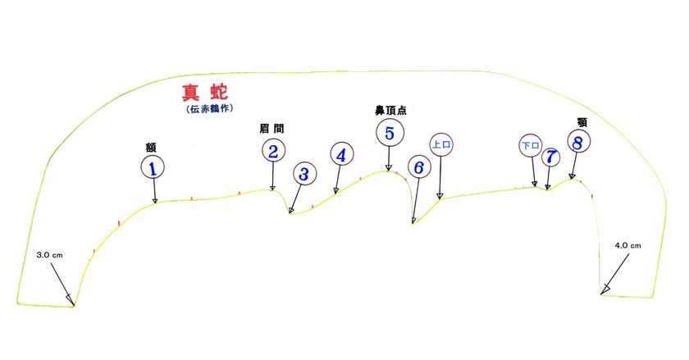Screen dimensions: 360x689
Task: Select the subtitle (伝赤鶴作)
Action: tap(207, 108)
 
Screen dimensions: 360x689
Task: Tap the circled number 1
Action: tap(153, 167)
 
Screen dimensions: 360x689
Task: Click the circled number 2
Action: tap(272, 150)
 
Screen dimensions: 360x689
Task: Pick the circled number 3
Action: tap(303, 174)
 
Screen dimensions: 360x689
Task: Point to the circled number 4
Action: tap(341, 153)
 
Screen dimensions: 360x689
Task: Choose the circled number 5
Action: tap(389, 131)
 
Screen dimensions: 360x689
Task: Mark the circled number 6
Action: tap(418, 167)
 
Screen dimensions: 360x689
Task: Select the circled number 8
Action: tap(578, 143)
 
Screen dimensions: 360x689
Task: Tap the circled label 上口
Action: tap(441, 144)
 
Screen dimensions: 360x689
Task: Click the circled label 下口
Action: tap(531, 146)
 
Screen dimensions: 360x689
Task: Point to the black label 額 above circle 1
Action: tap(152, 148)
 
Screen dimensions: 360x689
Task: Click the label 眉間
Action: tap(271, 129)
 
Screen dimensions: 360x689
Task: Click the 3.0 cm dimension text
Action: tap(50, 256)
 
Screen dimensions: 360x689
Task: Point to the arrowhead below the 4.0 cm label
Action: tap(605, 289)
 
